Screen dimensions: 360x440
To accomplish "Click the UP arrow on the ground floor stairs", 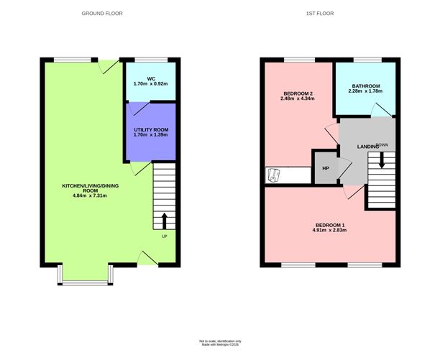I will [165, 218].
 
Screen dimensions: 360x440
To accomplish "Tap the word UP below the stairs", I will [165, 237].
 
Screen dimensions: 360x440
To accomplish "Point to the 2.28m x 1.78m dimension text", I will [365, 91].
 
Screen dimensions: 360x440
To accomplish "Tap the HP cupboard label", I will [325, 168].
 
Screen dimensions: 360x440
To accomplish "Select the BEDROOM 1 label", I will [329, 225].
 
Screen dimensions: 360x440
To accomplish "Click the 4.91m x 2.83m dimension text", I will [329, 231].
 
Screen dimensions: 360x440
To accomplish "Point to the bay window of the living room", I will [85, 276].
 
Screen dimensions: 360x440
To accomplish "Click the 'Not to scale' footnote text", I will [219, 341].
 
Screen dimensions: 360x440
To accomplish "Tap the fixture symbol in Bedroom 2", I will [273, 175].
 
